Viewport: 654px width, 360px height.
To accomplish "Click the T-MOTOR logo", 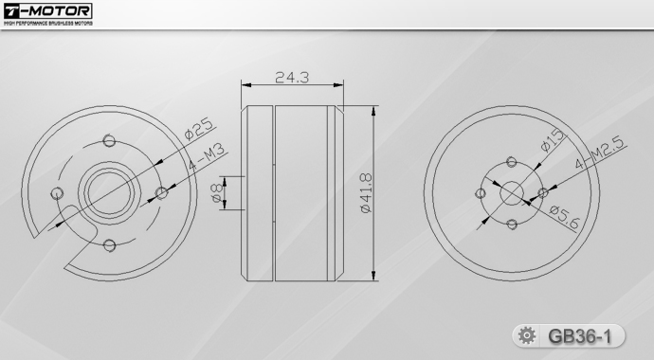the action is tap(47, 10).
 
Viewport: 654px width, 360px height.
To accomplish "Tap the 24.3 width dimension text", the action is tap(292, 78).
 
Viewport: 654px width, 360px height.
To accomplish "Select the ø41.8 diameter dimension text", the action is tap(366, 193).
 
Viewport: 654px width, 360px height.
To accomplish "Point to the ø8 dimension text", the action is tap(217, 193).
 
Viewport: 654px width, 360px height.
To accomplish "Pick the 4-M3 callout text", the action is tap(207, 156).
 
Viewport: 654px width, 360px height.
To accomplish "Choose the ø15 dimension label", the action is tap(553, 140).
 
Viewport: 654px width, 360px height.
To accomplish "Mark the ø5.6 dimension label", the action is tap(564, 218).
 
